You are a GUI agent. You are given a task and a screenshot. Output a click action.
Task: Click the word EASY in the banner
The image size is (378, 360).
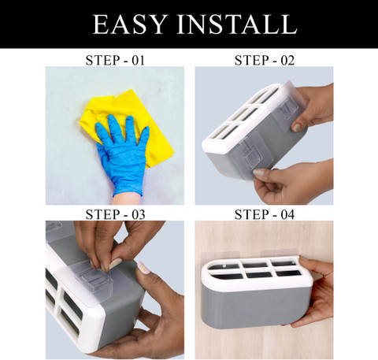pyautogui.click(x=130, y=24)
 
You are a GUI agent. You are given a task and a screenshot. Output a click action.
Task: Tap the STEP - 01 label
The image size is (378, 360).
pyautogui.click(x=115, y=61)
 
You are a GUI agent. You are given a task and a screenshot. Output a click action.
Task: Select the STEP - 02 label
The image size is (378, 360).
pyautogui.click(x=265, y=61)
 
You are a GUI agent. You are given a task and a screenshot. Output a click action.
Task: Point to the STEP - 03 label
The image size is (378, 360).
pyautogui.click(x=115, y=214)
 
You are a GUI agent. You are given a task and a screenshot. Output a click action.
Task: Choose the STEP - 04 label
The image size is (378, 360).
pyautogui.click(x=265, y=214)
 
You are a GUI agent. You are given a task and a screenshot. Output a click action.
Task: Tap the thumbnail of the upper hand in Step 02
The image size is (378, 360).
pyautogui.click(x=297, y=128)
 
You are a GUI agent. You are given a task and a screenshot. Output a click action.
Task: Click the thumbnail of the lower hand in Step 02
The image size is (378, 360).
pyautogui.click(x=259, y=173)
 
